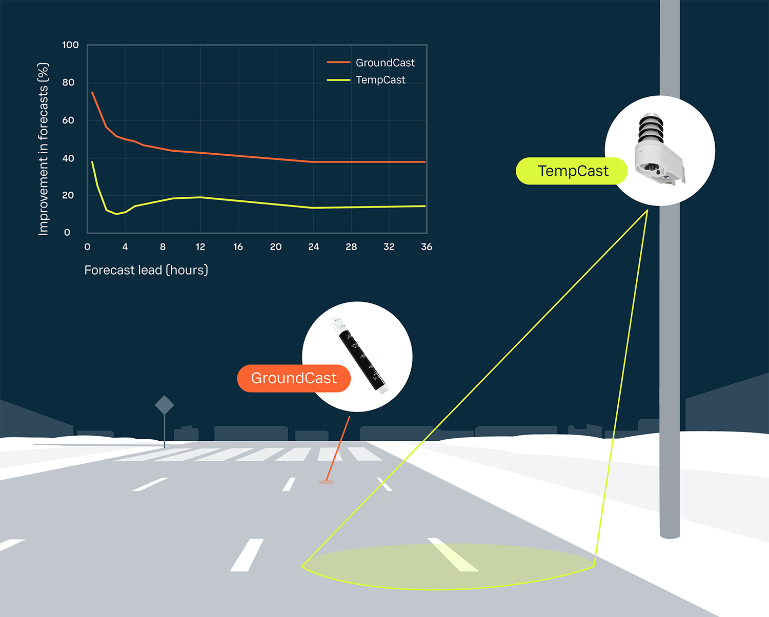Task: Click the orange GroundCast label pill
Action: click(294, 378)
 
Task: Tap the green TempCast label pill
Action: click(572, 171)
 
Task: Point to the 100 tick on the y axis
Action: click(70, 45)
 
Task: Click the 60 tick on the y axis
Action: click(68, 120)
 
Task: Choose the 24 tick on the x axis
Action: click(314, 247)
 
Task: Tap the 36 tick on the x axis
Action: click(427, 247)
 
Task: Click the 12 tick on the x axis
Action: click(200, 247)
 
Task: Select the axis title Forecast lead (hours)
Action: click(146, 270)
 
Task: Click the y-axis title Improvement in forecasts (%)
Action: click(44, 149)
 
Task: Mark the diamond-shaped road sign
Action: click(164, 405)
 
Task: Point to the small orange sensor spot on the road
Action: click(327, 482)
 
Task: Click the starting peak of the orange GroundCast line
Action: click(92, 92)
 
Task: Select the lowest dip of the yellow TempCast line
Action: click(116, 214)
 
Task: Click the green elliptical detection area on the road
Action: click(446, 566)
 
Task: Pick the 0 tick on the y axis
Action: click(67, 233)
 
